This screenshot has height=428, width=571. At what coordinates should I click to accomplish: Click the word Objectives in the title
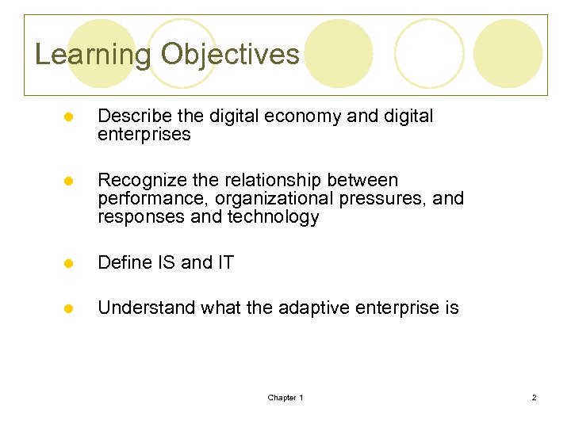(230, 55)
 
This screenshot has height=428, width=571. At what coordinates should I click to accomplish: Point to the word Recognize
(139, 181)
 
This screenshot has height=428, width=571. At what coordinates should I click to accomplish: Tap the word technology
(274, 217)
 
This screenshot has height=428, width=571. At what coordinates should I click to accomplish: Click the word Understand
(147, 308)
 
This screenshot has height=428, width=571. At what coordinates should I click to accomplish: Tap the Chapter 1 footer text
(285, 397)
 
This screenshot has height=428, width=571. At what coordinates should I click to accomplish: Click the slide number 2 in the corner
(534, 397)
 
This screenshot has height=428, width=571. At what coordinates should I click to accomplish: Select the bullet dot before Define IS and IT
(69, 263)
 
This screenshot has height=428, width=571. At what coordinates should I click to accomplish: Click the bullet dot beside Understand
(69, 308)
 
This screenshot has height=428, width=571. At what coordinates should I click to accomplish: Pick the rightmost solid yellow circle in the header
(508, 53)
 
